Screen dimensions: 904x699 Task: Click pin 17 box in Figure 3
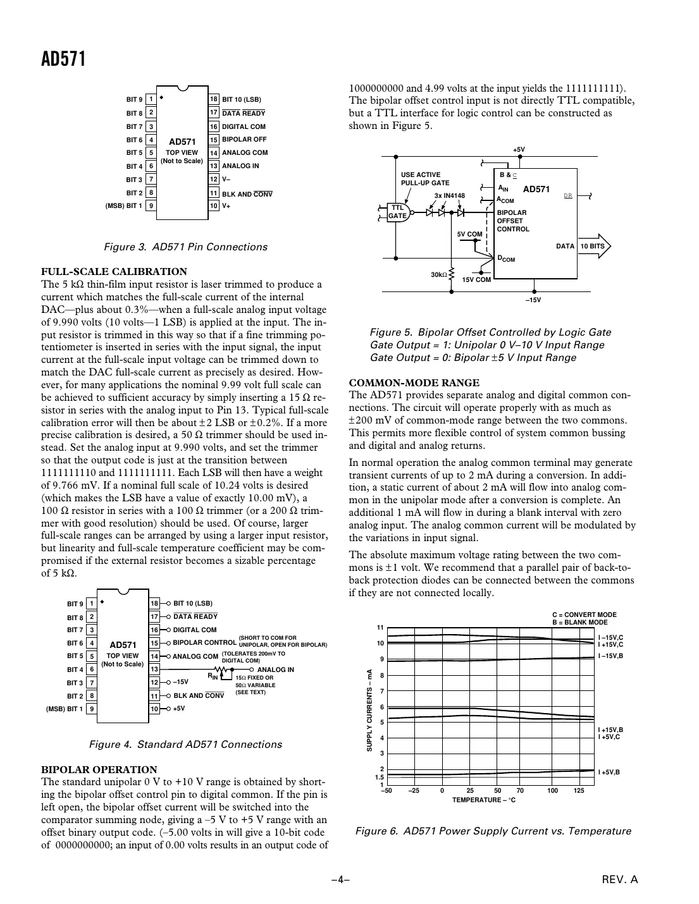click(x=214, y=113)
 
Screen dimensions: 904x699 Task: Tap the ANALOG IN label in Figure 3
click(x=240, y=166)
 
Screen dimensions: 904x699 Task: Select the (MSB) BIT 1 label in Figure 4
click(x=65, y=709)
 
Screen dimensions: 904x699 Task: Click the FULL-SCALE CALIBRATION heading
click(x=114, y=272)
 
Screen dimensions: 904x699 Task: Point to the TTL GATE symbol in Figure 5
click(x=398, y=212)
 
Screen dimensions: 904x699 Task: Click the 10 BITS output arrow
click(x=595, y=247)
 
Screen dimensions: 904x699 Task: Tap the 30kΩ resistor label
click(x=438, y=274)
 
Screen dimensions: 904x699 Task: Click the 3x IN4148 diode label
click(x=450, y=196)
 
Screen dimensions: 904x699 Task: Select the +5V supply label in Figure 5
click(x=519, y=150)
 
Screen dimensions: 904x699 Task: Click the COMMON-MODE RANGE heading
click(x=414, y=382)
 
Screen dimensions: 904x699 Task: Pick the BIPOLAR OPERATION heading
click(x=99, y=769)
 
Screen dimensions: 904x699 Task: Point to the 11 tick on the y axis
click(x=381, y=628)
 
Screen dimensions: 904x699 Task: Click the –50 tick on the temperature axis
click(x=387, y=791)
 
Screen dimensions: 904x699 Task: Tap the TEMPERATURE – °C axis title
click(x=484, y=800)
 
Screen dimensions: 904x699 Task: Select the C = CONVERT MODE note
click(x=584, y=614)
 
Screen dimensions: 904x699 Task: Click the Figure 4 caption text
click(x=185, y=745)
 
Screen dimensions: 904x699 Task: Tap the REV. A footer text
click(x=625, y=879)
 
